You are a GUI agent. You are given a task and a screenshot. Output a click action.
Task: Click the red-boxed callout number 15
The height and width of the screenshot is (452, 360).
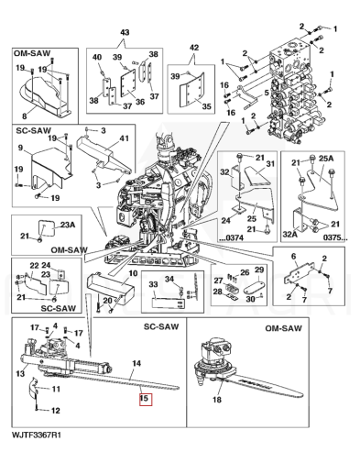pos(144,399)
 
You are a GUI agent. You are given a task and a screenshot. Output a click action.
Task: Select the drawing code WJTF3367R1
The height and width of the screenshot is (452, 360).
pos(37,435)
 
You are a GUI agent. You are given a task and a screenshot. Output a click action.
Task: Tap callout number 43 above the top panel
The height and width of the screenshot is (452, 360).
pos(125,32)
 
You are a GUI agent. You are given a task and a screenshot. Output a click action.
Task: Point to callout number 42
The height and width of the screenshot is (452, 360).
pos(194,48)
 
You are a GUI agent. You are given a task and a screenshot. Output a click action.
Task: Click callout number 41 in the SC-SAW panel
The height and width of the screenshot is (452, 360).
pos(124,138)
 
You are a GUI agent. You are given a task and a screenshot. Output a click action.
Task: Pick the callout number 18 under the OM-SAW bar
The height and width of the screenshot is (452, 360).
pos(217,400)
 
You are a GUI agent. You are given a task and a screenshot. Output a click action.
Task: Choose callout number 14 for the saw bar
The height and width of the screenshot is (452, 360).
pos(136,363)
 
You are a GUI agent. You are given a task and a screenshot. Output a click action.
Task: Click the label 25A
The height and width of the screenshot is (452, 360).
pos(326,159)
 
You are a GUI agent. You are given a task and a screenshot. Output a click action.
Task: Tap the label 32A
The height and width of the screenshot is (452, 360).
pos(290,235)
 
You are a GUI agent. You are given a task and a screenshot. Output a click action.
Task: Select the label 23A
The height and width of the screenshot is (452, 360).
pos(68,225)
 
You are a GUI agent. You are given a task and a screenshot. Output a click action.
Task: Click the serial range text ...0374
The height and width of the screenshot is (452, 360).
pos(231,237)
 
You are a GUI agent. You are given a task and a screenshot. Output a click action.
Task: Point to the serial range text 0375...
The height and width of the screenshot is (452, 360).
pos(335,237)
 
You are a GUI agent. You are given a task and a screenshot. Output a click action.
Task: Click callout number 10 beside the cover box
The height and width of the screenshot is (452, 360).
pos(133,273)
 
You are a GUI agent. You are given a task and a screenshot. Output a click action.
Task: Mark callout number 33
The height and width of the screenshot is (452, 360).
pos(153,284)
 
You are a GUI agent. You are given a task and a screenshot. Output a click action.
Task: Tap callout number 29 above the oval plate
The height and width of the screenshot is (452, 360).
pos(259,270)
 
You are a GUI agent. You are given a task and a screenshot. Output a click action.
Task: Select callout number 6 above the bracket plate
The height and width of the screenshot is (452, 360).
pos(294,257)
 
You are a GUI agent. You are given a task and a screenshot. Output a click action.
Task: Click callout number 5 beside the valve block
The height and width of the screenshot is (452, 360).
pos(267,93)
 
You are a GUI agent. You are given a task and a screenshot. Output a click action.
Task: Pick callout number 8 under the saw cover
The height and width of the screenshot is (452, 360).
pos(25,116)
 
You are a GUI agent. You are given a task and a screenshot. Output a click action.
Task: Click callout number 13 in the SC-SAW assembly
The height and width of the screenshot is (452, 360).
pos(20,373)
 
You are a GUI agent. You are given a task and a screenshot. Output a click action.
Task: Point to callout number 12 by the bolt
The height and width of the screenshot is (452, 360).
pos(55,411)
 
